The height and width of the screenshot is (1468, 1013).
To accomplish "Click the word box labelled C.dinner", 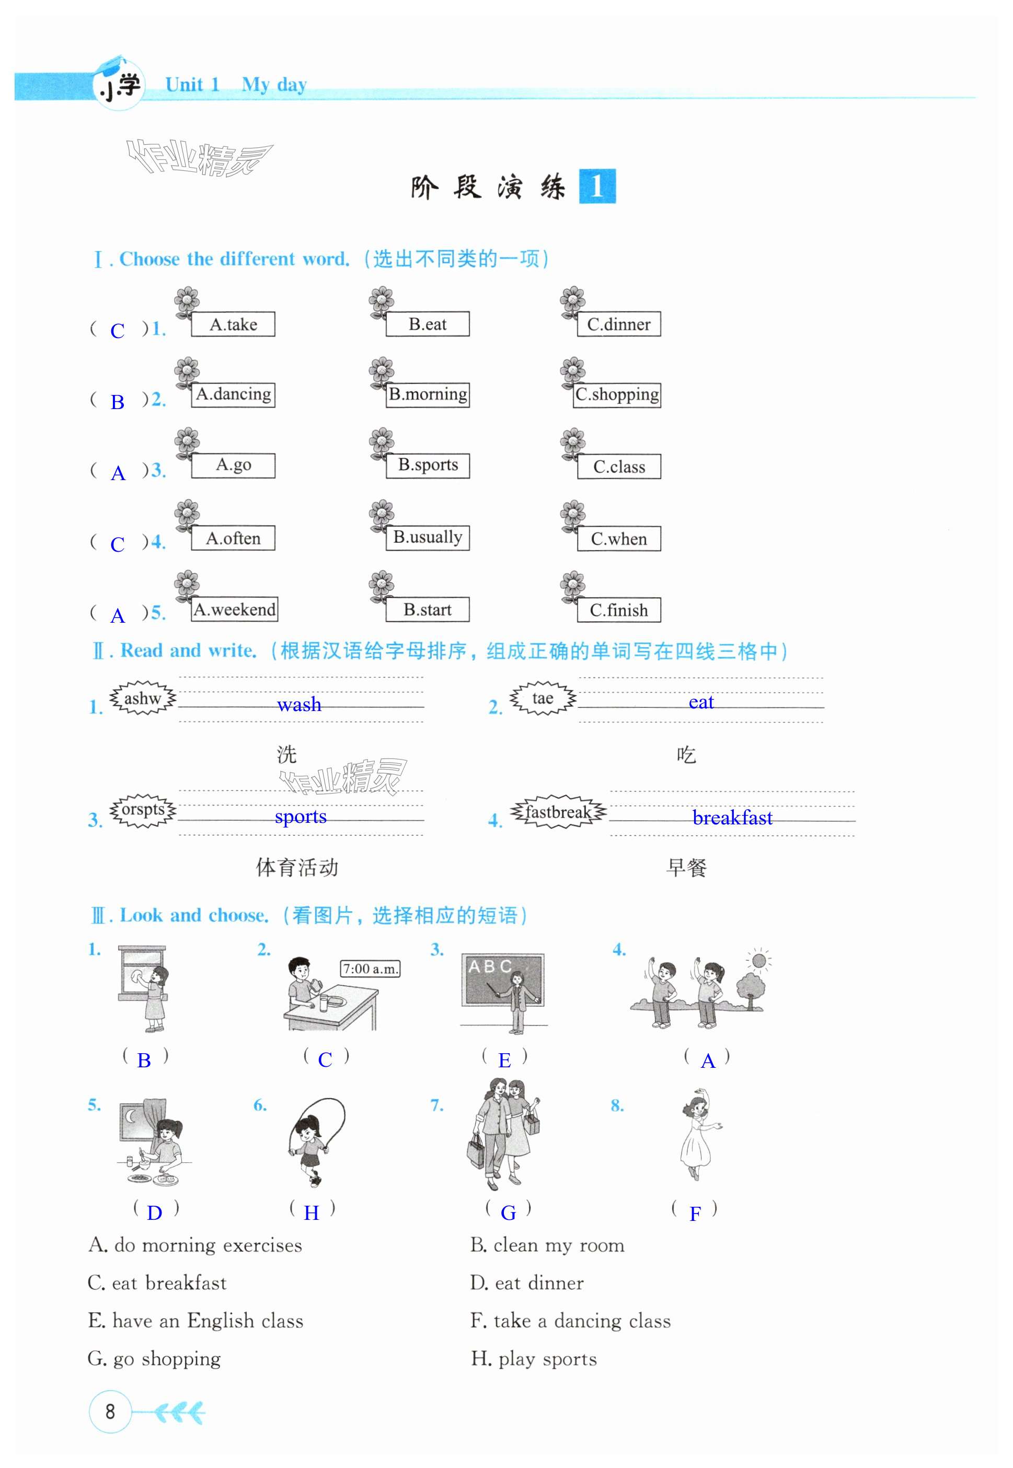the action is (618, 324).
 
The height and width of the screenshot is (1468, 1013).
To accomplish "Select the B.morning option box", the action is (428, 394).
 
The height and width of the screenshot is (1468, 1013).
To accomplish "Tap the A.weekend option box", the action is (234, 610).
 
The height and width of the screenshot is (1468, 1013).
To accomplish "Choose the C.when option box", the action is (618, 539).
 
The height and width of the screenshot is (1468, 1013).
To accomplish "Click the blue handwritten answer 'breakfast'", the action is (732, 817).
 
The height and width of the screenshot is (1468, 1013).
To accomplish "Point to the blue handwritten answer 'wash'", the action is (299, 704).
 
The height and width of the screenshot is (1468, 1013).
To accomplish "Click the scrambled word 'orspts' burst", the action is (143, 810).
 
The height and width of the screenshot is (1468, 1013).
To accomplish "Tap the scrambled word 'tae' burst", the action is (542, 698).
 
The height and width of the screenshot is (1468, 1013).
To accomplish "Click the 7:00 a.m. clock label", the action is (371, 969).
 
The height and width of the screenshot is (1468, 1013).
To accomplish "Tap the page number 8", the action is (110, 1412).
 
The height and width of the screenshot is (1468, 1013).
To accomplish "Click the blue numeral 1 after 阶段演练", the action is (596, 187).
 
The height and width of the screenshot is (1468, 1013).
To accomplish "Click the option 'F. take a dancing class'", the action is (570, 1320).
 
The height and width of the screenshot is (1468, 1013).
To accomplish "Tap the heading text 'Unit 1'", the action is (192, 85).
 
